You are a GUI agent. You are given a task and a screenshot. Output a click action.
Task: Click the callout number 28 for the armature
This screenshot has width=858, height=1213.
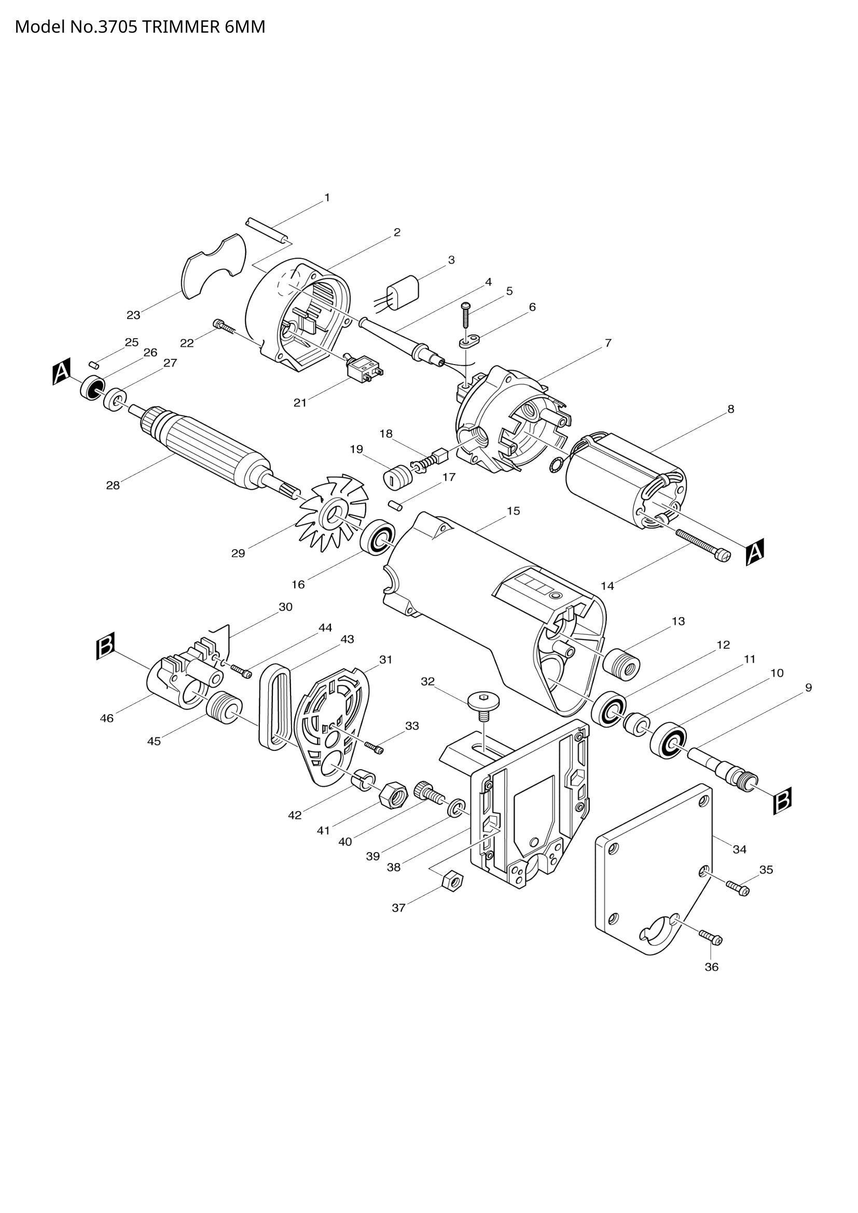tap(113, 485)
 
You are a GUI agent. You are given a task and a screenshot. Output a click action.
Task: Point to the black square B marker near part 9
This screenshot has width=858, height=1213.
tap(782, 802)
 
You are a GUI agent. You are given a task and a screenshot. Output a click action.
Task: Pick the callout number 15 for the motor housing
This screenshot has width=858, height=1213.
tap(513, 511)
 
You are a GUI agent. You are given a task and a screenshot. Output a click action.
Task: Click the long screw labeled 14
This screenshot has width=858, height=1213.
tap(703, 543)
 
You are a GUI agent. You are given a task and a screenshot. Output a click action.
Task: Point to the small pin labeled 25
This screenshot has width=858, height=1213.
tap(94, 364)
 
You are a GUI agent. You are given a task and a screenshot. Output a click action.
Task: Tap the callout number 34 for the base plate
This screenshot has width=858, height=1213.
tap(739, 849)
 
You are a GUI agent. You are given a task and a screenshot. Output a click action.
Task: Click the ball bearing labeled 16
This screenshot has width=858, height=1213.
tap(378, 538)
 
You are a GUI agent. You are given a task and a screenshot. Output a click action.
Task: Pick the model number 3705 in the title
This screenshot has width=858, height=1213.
tap(119, 26)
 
